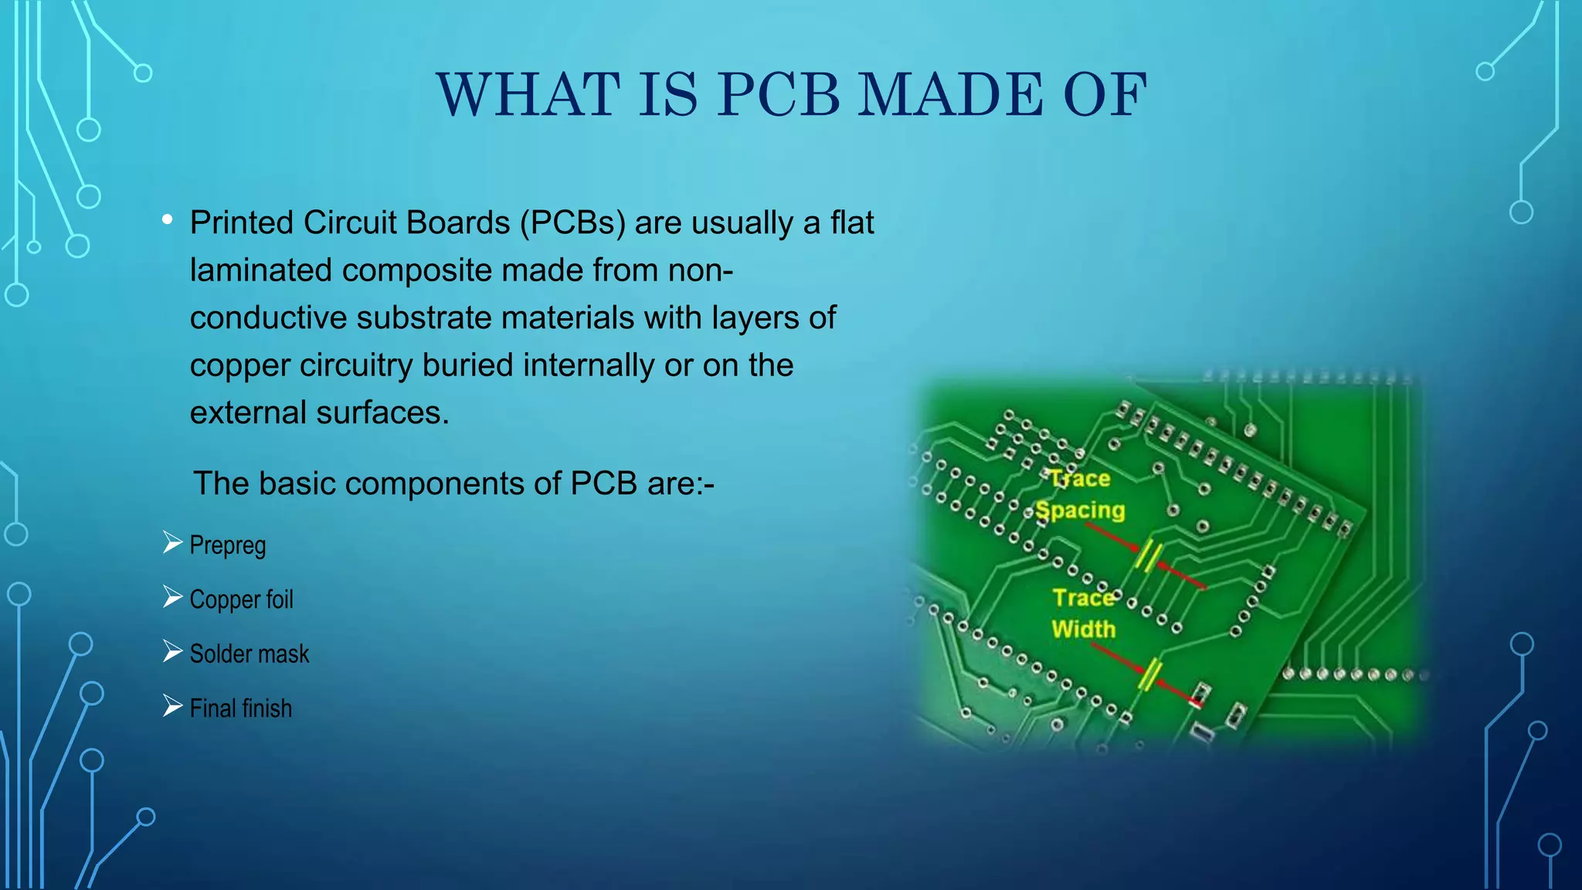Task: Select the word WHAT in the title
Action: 528,95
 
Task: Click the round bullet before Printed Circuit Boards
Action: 168,221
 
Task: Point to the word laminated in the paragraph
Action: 260,270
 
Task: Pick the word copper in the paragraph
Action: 239,365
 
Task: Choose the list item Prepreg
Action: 228,545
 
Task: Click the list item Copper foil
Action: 241,600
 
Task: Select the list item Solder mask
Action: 249,654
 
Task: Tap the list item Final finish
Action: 241,708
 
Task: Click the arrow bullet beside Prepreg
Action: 172,543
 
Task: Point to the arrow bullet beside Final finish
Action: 172,706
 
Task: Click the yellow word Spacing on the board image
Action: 1080,511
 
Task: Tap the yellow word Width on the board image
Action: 1083,630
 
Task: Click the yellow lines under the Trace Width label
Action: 1150,674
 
